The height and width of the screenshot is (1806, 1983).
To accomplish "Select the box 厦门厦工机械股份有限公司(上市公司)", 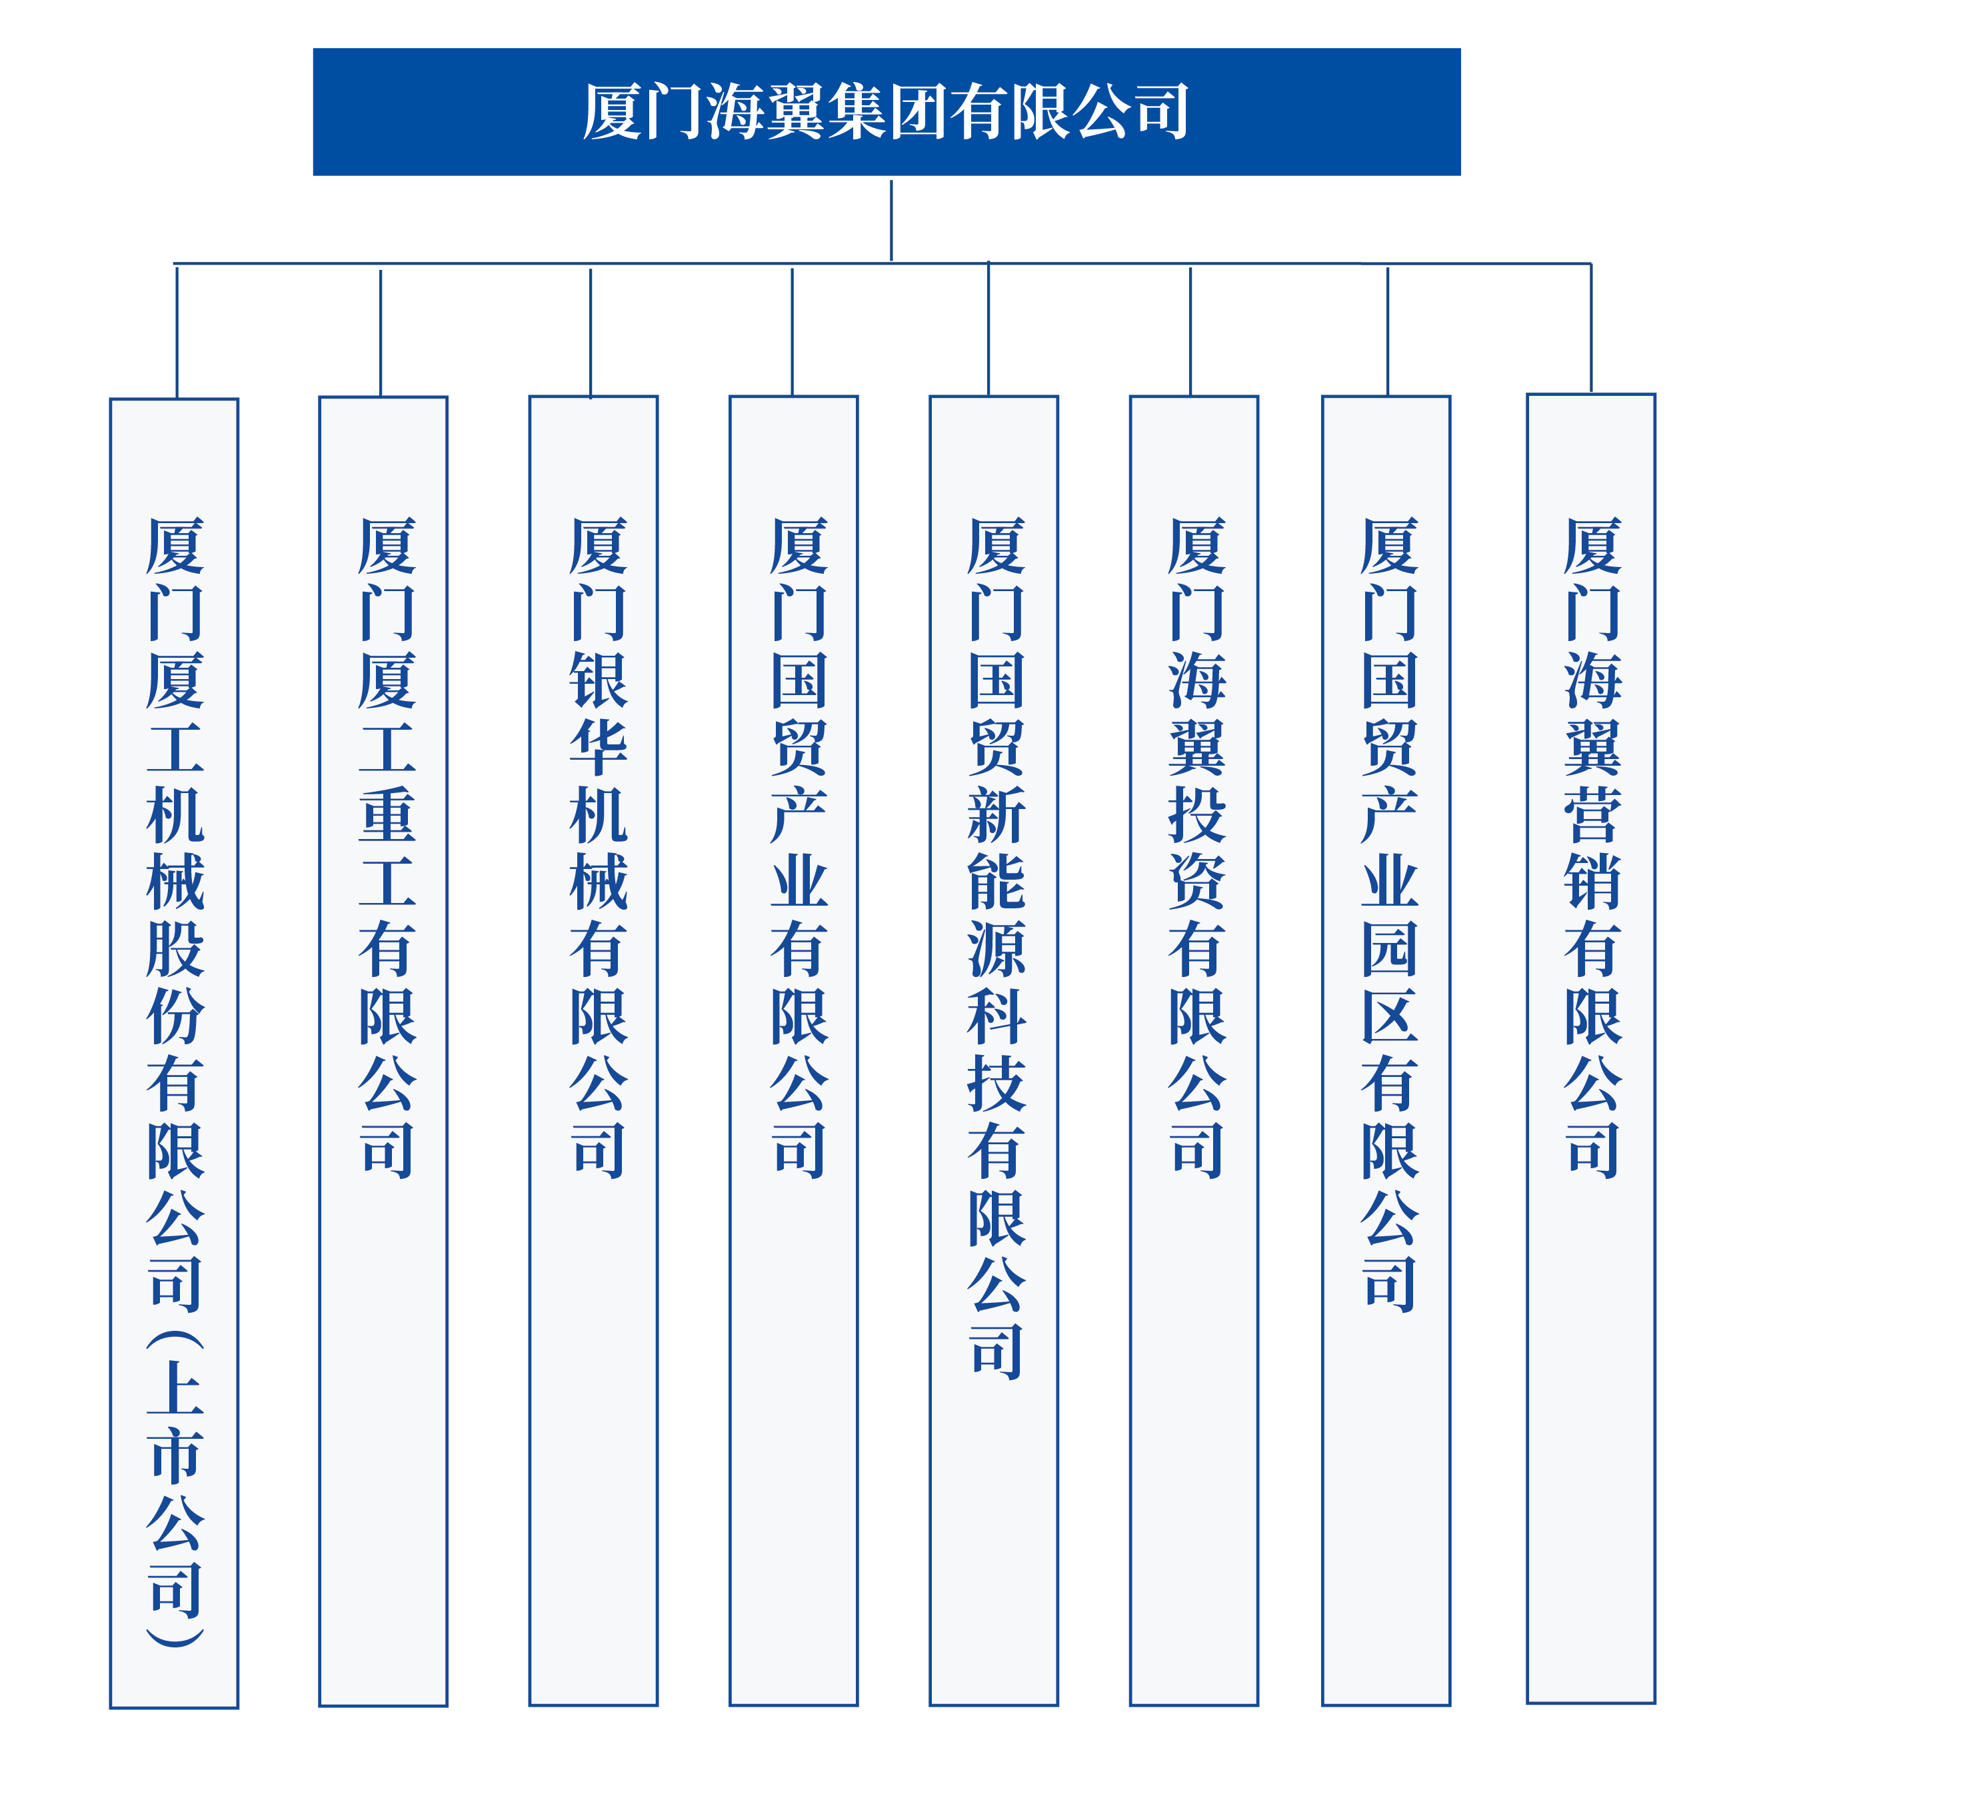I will [174, 1052].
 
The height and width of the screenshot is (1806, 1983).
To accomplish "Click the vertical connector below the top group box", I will [891, 221].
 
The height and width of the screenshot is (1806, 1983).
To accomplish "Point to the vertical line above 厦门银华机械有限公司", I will [590, 333].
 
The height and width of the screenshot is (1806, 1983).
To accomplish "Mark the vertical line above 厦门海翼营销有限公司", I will [1590, 329].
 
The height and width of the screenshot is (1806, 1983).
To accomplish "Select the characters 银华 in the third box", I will [598, 713].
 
